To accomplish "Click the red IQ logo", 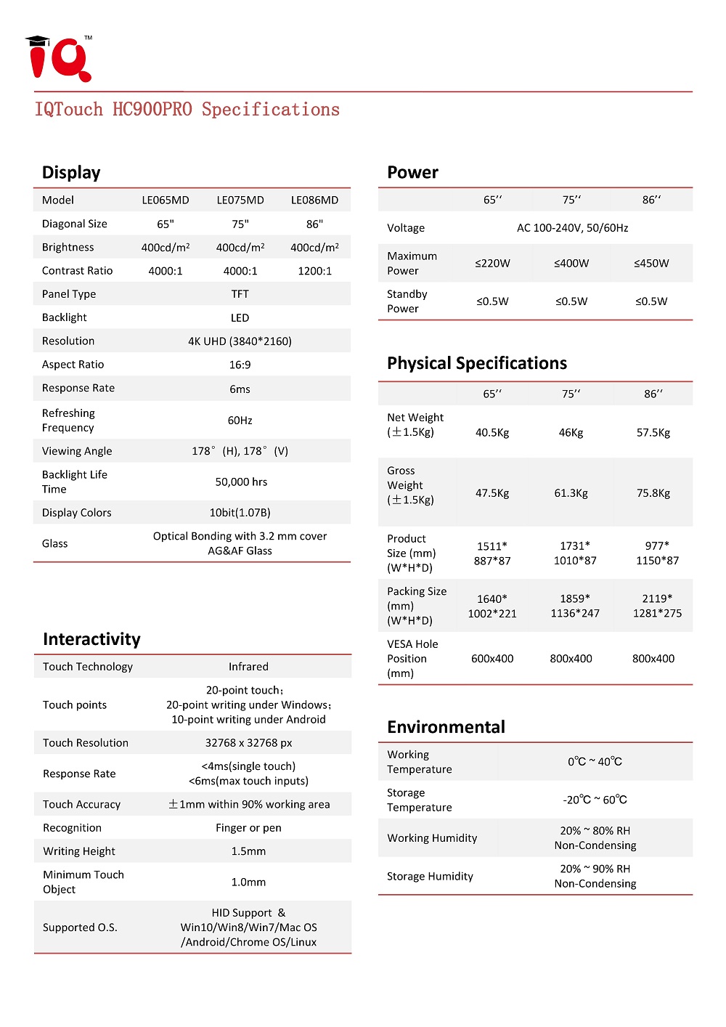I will click(x=60, y=59).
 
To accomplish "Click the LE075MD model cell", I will click(x=240, y=200).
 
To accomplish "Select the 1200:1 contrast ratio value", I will click(x=314, y=271).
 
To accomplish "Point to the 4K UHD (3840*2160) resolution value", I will click(x=240, y=341).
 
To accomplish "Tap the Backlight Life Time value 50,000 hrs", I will click(x=241, y=482).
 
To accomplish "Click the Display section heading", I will click(x=71, y=173).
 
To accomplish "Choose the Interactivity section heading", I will click(x=91, y=639).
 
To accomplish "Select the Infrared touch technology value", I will click(x=248, y=667).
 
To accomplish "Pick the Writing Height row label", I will click(x=79, y=851).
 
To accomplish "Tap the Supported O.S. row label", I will click(x=80, y=927).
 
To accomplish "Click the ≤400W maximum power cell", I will click(x=571, y=264).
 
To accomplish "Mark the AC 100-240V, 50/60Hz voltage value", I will click(x=572, y=228).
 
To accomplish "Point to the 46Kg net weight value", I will click(x=571, y=433).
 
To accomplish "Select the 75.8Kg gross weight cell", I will click(x=653, y=493).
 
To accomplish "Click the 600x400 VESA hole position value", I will click(x=492, y=659).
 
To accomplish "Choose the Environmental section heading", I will click(x=446, y=727).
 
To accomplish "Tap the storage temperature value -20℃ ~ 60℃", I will click(x=595, y=800).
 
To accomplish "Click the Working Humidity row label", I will click(x=432, y=838).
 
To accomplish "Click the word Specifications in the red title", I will click(x=270, y=110).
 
